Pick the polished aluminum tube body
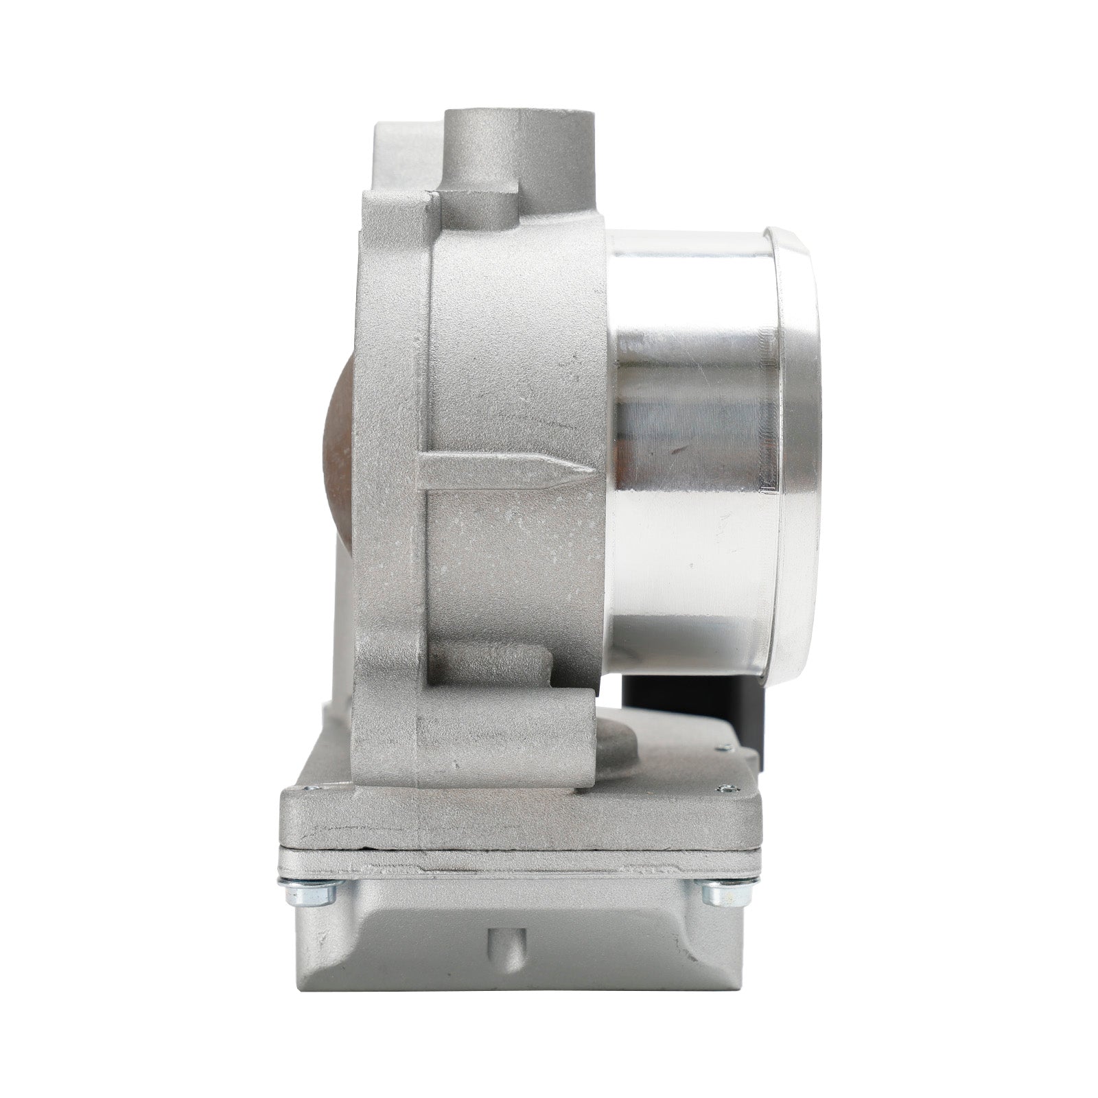[x=693, y=439]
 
